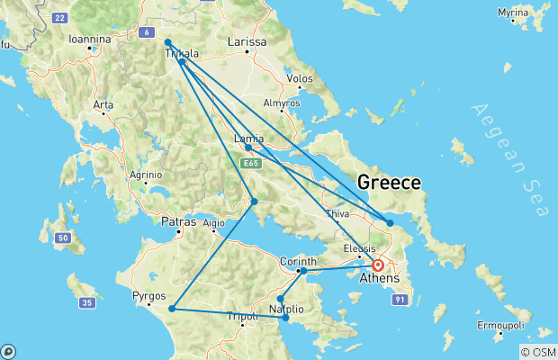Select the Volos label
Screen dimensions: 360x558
299,79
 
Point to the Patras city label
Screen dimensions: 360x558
178,220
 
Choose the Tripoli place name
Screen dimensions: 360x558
242,316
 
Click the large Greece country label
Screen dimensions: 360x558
389,183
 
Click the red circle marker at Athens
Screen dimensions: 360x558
378,265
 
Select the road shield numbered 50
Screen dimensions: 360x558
62,238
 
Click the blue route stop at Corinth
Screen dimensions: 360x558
303,270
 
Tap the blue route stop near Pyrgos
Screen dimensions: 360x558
170,309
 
